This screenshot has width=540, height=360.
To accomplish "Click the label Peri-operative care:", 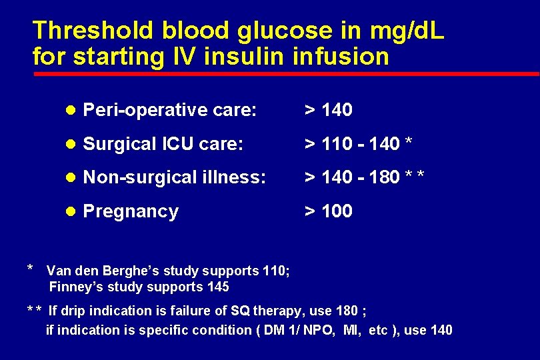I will tap(169, 110).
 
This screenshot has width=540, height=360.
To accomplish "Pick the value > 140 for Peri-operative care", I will tap(329, 110).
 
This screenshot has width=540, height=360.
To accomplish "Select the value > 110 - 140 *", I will tap(358, 144).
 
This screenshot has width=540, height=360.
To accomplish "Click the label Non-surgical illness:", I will tap(175, 178).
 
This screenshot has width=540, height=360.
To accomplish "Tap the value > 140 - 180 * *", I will tap(364, 178).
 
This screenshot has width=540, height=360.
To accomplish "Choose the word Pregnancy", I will tap(131, 212).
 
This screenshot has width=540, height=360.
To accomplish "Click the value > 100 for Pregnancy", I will tap(329, 212).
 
